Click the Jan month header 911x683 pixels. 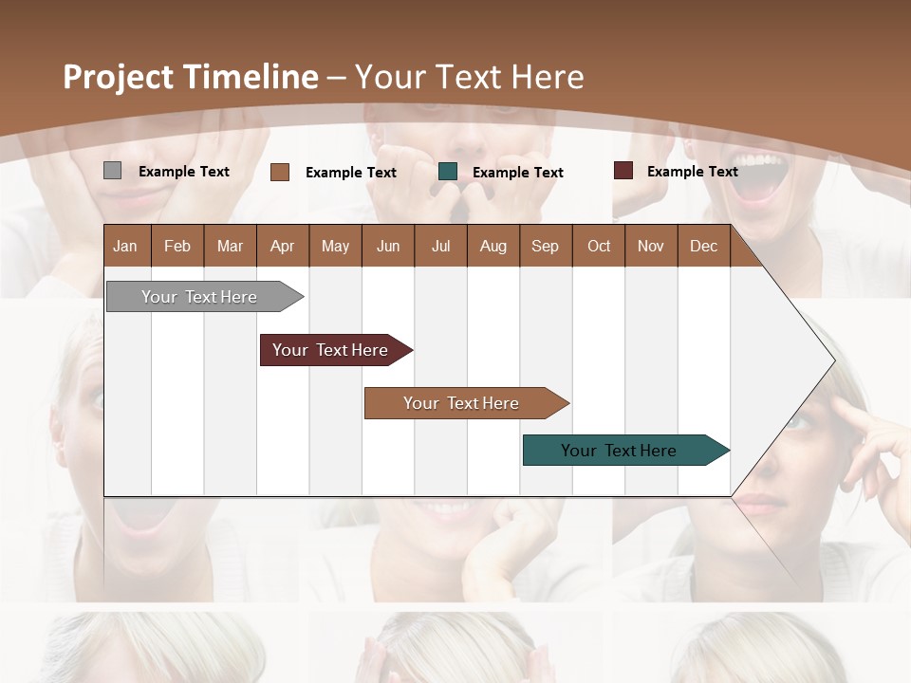125,246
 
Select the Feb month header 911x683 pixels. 177,246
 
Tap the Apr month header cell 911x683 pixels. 282,246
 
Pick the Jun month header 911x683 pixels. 388,246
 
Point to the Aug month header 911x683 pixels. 493,246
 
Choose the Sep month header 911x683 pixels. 545,246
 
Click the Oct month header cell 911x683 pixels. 599,246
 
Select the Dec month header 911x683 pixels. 703,246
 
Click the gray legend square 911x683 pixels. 112,171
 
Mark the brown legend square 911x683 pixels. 280,172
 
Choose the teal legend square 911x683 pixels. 448,172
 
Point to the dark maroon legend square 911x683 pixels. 623,171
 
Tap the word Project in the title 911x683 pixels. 119,77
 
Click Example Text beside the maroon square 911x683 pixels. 692,171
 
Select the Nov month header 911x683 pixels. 651,246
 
